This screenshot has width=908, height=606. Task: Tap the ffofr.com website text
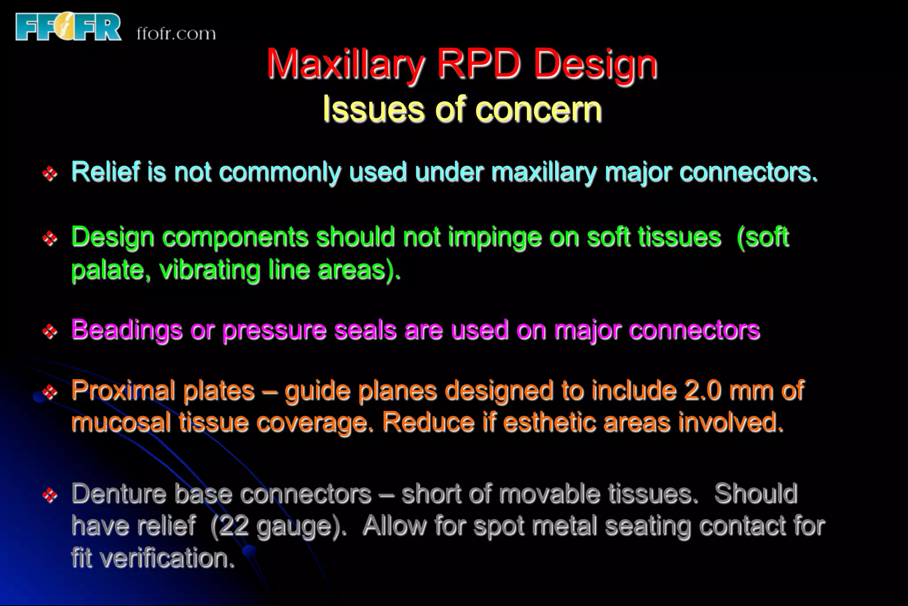click(x=176, y=34)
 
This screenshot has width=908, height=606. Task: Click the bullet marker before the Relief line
click(x=50, y=173)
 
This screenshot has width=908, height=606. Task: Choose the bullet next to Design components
click(x=50, y=239)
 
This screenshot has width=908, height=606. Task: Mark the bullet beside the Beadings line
click(x=50, y=331)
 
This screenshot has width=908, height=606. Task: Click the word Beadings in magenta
click(x=127, y=331)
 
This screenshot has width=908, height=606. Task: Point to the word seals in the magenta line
click(x=365, y=331)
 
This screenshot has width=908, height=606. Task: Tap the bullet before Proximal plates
click(x=50, y=391)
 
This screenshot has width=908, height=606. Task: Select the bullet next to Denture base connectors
click(x=50, y=495)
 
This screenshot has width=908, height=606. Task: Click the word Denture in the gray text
click(x=119, y=493)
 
